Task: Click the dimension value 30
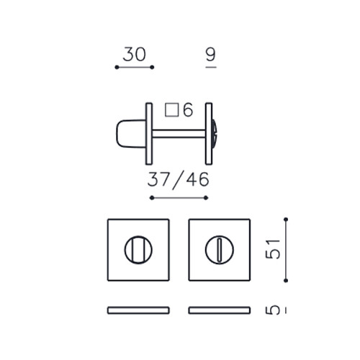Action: coord(135,54)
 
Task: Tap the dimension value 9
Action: coord(211,54)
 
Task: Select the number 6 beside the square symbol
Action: coord(188,110)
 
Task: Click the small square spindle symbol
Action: coord(172,110)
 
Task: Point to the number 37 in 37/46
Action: coord(158,179)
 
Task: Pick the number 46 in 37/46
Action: coord(198,179)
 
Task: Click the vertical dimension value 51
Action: coord(273,249)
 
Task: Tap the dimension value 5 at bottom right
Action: coord(273,310)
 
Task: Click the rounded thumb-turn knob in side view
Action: coord(131,134)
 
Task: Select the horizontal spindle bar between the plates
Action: coord(179,134)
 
